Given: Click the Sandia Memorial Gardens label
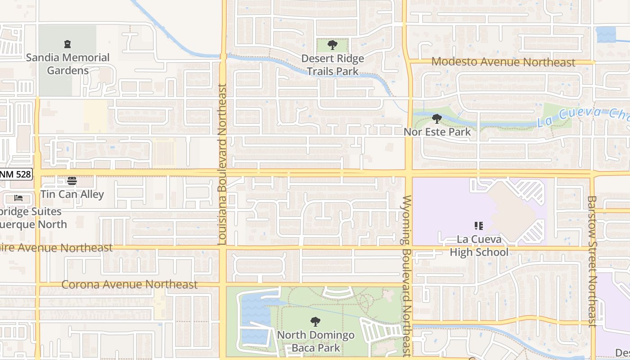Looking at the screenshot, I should tap(67, 64).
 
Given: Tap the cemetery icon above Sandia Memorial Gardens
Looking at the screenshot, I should tap(67, 44).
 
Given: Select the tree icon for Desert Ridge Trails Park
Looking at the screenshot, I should tap(333, 45).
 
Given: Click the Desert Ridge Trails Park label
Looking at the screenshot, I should tap(333, 65).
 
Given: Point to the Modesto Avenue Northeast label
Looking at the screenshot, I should tap(503, 62).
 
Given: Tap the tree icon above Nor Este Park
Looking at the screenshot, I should tap(436, 119).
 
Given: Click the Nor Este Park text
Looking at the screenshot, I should tap(437, 132).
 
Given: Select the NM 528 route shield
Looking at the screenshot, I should tap(16, 174).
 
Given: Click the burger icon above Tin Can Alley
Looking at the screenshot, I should tap(72, 181).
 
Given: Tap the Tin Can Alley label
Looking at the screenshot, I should tap(72, 194).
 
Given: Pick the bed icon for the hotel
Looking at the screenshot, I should tap(18, 198).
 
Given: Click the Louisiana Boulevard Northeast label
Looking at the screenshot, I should tap(222, 164).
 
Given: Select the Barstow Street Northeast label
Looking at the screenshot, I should tap(592, 261).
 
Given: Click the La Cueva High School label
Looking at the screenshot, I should tap(479, 246).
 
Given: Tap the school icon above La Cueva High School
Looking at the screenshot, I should tap(479, 226).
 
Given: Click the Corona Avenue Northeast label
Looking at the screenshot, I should tap(129, 284).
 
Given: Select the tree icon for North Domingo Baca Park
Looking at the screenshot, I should tap(315, 322).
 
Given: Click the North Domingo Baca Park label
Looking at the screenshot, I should tap(315, 342).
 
